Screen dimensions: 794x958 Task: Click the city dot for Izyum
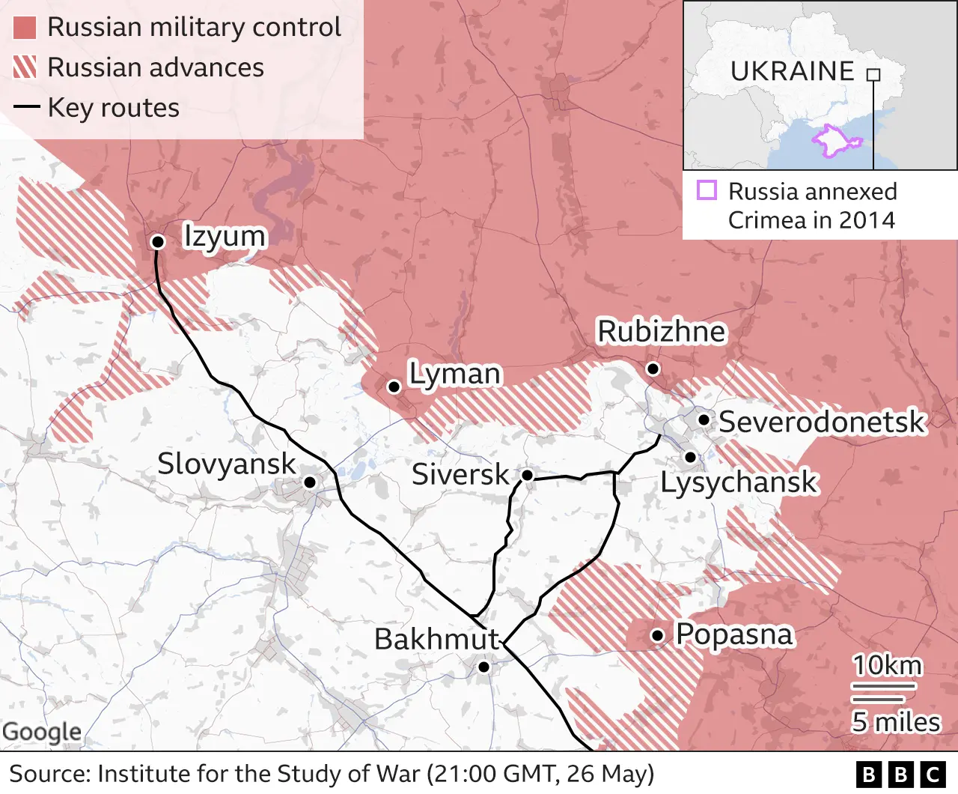158,241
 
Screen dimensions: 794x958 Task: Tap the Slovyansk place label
226,464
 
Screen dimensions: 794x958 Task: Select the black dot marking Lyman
394,387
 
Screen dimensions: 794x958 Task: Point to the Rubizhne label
661,331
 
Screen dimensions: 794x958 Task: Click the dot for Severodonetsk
704,419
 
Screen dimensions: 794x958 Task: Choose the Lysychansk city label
739,482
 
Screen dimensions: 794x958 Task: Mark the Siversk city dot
527,475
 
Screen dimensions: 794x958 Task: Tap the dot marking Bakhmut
483,667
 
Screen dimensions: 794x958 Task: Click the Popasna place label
733,634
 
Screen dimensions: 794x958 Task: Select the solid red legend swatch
25,28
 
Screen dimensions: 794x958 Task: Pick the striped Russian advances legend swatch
25,67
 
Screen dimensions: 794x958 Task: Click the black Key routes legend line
26,107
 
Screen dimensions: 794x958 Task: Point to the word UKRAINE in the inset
792,71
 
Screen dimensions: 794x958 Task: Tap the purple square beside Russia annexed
707,190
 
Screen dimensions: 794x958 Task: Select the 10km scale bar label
887,665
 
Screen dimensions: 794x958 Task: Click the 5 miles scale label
895,722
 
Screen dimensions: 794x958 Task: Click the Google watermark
42,731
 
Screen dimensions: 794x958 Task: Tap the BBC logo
901,774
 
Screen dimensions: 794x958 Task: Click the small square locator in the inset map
873,75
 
